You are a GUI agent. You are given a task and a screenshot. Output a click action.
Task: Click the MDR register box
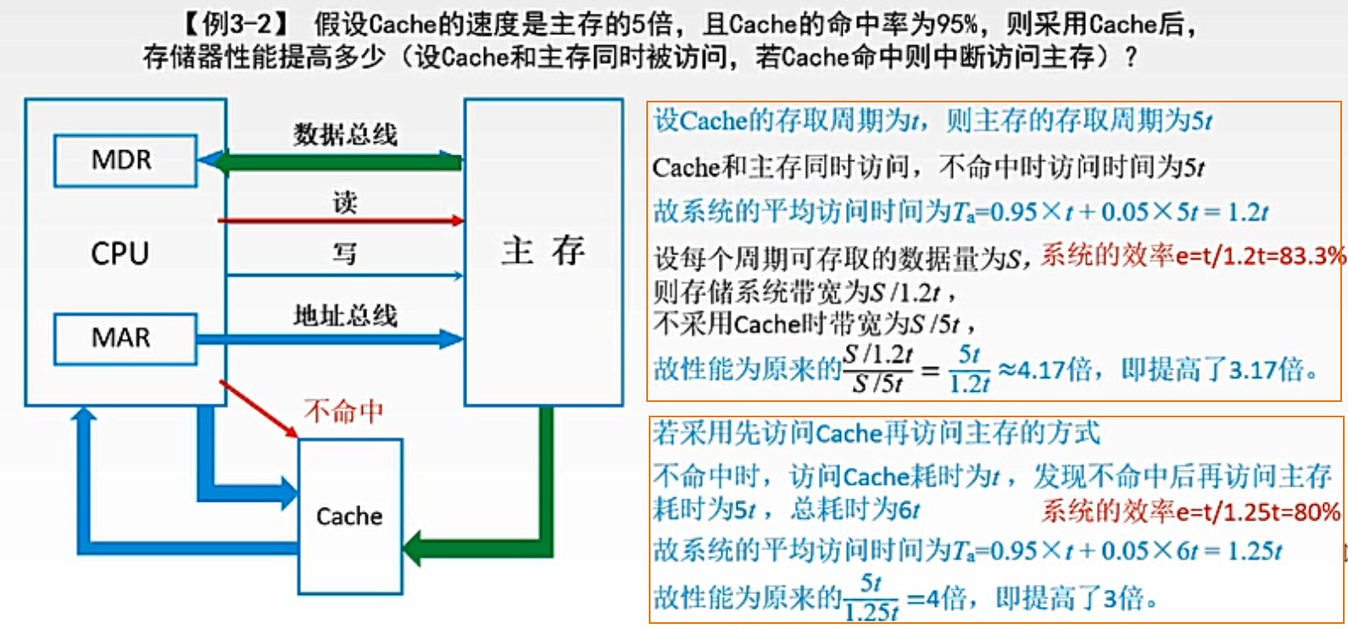pyautogui.click(x=125, y=160)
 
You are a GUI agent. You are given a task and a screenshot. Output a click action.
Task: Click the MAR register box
pyautogui.click(x=125, y=339)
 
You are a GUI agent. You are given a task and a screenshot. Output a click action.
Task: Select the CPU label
pyautogui.click(x=120, y=253)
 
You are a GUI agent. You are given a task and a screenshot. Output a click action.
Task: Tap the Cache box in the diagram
pyautogui.click(x=349, y=516)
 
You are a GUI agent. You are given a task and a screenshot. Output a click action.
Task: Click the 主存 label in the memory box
pyautogui.click(x=543, y=251)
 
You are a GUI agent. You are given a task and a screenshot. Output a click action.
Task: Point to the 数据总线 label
pyautogui.click(x=345, y=134)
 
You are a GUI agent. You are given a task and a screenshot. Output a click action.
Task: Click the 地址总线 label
pyautogui.click(x=345, y=316)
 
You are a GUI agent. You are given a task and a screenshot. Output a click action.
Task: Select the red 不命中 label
pyautogui.click(x=343, y=411)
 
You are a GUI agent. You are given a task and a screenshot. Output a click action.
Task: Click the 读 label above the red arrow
pyautogui.click(x=344, y=202)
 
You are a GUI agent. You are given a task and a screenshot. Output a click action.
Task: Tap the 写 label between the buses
pyautogui.click(x=344, y=253)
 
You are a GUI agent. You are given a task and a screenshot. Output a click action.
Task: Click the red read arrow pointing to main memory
pyautogui.click(x=341, y=221)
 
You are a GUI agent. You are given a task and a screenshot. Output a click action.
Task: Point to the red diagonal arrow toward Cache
pyautogui.click(x=259, y=409)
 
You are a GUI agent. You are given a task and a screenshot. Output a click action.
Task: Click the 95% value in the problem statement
pyautogui.click(x=955, y=23)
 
